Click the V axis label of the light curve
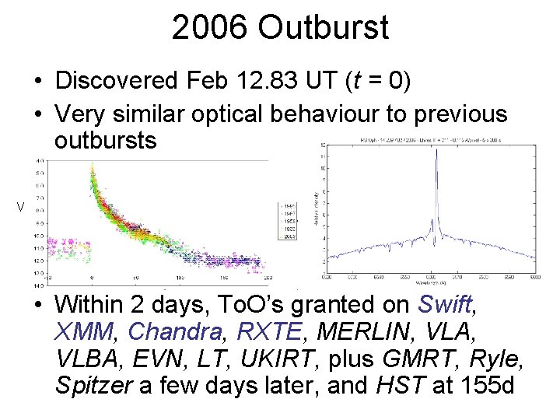click(22, 207)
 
